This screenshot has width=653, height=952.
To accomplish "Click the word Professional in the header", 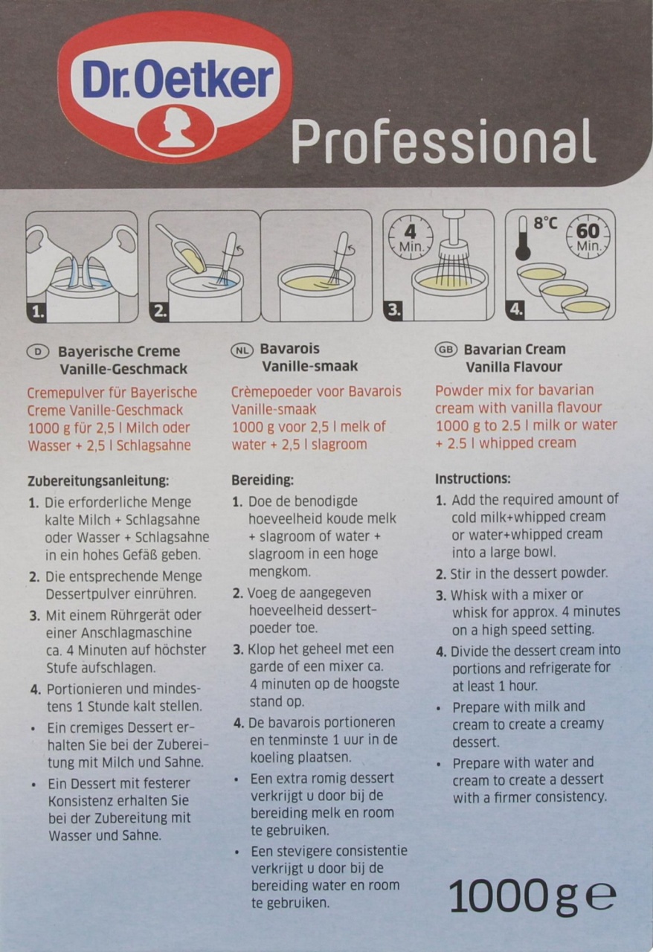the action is coord(443,142).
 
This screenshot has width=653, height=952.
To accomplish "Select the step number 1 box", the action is coord(38,313).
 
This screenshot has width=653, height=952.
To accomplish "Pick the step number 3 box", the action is coord(394,310).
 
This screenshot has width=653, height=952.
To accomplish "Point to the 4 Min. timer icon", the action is coord(411,237).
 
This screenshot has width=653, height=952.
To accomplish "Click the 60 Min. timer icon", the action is coord(588,237).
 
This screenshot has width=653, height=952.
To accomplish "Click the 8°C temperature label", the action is coord(545,223).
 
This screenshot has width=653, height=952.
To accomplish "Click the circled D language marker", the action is coord(38,352).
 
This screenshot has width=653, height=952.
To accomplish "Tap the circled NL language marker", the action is coord(242,350).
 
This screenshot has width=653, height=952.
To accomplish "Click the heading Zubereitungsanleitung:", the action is coord(98,481).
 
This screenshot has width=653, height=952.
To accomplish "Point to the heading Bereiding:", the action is coord(263,480).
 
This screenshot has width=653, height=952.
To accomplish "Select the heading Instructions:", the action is coord(472,478).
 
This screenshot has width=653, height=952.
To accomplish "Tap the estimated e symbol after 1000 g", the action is coord(601,896).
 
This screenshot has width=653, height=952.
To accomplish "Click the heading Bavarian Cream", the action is coord(515,350).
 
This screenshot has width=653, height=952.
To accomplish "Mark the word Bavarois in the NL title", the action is coord(289,349).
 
